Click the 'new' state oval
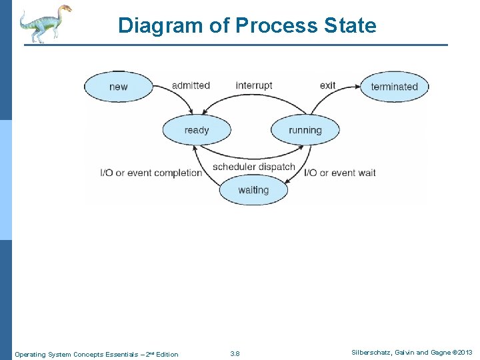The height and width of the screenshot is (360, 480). [x=118, y=87]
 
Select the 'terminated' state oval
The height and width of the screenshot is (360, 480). [x=394, y=87]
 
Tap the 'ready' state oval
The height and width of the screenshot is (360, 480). [x=197, y=130]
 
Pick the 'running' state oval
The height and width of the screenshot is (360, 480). [x=305, y=130]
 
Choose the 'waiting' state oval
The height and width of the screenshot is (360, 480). [x=253, y=190]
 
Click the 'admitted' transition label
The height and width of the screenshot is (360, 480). [x=191, y=85]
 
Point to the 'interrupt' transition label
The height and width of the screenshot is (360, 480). [x=254, y=85]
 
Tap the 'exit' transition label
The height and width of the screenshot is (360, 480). [x=327, y=85]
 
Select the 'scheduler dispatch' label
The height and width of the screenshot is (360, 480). [x=253, y=167]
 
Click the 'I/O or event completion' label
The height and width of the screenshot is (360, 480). [x=151, y=173]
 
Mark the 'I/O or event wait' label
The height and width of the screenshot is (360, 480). [x=340, y=173]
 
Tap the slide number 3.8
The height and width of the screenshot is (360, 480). [x=235, y=353]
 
